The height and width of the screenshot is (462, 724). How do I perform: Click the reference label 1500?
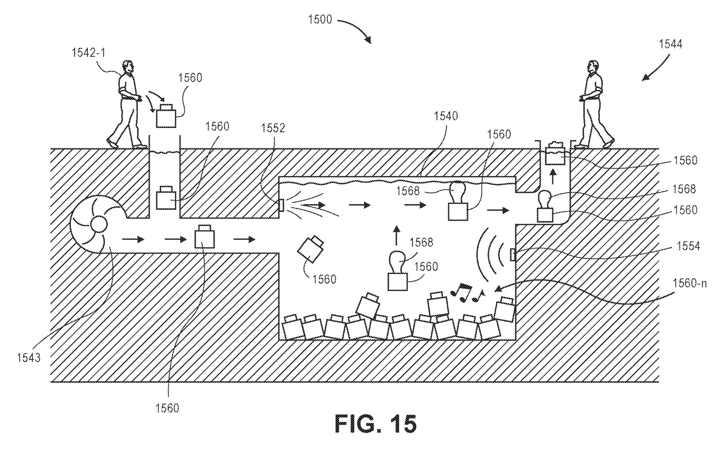pos(320,19)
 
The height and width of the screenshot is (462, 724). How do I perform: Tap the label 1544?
pos(670,44)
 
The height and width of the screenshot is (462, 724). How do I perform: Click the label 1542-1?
pos(88,52)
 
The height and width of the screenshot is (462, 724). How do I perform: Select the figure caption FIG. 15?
pos(375,424)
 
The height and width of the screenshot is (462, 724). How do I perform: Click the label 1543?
pos(29,357)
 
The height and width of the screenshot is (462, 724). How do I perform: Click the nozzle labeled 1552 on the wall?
pos(281,205)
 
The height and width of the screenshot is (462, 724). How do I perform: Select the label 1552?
pos(273,128)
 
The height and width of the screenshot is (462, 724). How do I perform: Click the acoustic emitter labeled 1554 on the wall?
pos(513,255)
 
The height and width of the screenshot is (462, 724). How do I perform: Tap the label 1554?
pos(688,246)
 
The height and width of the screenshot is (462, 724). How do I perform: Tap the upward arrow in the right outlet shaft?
pos(553,176)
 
